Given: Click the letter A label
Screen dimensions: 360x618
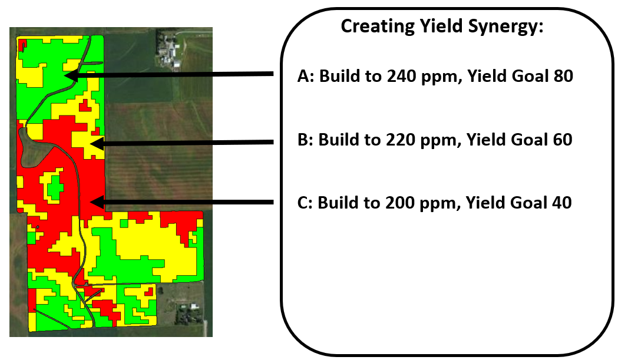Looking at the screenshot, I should coord(303,77).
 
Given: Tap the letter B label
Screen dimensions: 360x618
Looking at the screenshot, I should coord(303,140).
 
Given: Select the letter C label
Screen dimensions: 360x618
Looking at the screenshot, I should coord(303,203).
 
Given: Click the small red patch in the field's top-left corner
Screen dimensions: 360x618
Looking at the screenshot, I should coord(22,44).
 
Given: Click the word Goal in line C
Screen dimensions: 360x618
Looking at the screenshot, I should coord(529,203).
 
